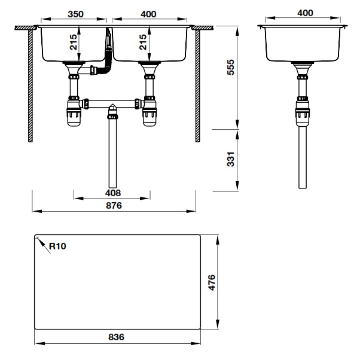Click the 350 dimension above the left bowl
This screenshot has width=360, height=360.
coord(74,13)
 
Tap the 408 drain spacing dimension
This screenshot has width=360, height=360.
coord(112,193)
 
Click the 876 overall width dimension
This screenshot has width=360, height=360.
coord(114,205)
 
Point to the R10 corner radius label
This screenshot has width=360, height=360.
coord(57,245)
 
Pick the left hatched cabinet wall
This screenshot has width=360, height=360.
coord(28,84)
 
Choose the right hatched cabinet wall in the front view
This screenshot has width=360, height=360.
coord(197,84)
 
